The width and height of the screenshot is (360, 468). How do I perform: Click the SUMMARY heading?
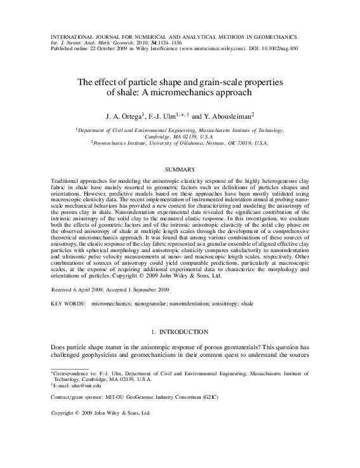click(x=180, y=170)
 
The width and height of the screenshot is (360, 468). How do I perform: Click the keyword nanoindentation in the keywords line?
click(x=187, y=304)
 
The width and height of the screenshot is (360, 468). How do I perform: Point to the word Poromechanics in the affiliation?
click(x=114, y=143)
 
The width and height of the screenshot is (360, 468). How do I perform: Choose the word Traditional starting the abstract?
click(x=65, y=181)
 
